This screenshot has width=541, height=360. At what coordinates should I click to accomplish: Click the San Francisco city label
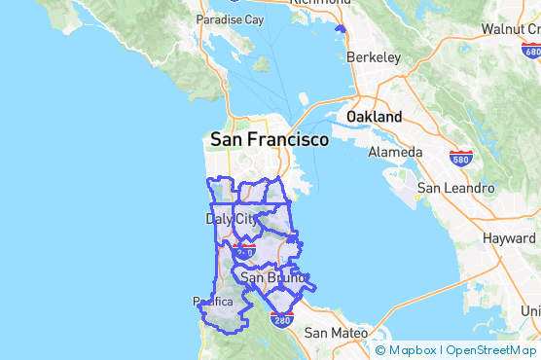(x=269, y=140)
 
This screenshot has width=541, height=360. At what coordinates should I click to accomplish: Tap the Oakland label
(x=374, y=117)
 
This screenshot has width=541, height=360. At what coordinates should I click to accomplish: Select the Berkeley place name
(x=374, y=57)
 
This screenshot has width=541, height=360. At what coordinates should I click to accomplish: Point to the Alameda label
(x=394, y=152)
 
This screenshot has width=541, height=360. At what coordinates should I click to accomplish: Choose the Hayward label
(x=508, y=237)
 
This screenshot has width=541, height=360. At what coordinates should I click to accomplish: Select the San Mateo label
(x=334, y=333)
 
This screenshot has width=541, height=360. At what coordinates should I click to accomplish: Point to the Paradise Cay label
(x=230, y=19)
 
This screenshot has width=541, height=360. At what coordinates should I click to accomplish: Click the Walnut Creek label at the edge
(x=510, y=29)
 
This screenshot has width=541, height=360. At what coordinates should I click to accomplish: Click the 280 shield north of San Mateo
(x=281, y=319)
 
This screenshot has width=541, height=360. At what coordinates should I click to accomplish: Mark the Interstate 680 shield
(x=530, y=53)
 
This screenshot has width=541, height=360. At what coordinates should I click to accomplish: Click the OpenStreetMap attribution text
(x=490, y=350)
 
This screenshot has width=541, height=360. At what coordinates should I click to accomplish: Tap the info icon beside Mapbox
(x=380, y=350)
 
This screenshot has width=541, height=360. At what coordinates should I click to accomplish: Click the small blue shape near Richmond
(x=339, y=29)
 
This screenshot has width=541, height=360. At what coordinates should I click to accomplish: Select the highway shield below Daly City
(x=243, y=252)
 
